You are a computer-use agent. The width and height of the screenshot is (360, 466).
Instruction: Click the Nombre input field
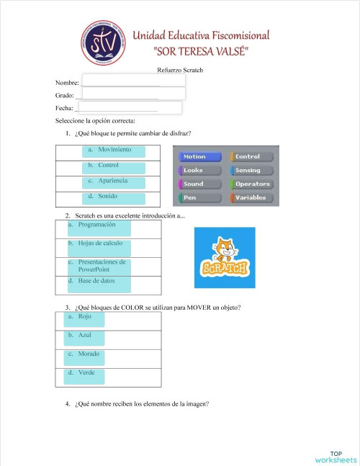coord(133,81)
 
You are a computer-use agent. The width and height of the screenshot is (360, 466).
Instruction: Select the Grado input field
coord(135,94)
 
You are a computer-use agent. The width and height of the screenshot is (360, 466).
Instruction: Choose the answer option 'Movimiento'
coord(114,151)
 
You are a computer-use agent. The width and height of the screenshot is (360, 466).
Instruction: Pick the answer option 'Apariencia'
coord(114,182)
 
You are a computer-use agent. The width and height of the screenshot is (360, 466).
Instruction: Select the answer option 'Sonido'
coord(114,198)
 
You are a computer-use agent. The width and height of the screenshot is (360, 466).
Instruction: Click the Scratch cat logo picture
coord(225,258)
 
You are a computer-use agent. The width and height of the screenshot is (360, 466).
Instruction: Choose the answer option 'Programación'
coord(99,228)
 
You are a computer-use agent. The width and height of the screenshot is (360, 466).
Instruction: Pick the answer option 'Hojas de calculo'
coord(99,246)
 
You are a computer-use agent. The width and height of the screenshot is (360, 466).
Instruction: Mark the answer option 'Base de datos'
coord(99,283)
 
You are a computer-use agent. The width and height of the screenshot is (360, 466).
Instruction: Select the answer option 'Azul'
coord(86,337)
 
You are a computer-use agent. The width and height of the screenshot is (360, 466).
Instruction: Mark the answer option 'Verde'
coord(86,375)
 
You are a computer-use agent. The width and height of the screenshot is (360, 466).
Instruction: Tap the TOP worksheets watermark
coord(336,457)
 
